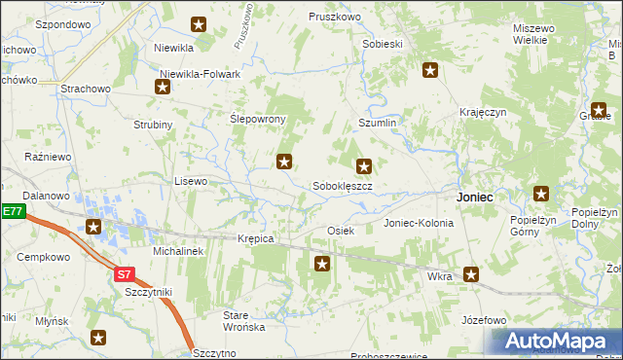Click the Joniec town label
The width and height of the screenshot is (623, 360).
[x=474, y=197]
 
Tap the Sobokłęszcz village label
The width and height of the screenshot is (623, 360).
[x=343, y=185]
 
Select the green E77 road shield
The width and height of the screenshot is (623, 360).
[x=11, y=211]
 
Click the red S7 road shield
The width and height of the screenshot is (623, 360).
[x=124, y=274]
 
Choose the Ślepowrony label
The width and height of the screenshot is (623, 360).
[x=257, y=119]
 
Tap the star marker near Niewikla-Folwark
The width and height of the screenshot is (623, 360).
[x=163, y=87]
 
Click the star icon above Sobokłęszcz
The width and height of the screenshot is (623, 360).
[x=364, y=166]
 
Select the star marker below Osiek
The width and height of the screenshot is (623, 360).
[x=323, y=263]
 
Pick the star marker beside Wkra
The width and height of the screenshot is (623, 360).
[x=472, y=275]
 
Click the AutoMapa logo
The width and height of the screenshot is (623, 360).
[x=555, y=342]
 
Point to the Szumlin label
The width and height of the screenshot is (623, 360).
[x=378, y=124]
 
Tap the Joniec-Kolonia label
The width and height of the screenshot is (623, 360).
[x=419, y=223]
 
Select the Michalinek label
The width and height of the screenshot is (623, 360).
[x=177, y=251]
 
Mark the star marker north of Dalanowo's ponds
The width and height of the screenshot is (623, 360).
[x=93, y=228]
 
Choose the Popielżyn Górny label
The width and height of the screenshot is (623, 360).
[x=532, y=226]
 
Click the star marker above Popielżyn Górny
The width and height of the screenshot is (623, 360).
[x=541, y=194]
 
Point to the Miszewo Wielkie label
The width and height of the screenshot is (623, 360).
[x=537, y=35]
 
